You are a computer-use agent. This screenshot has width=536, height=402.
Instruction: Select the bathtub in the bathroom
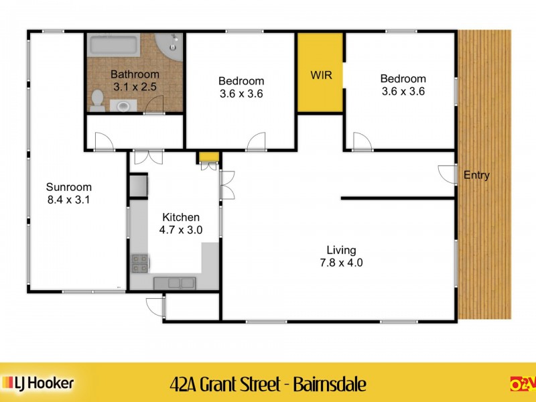click(114, 46)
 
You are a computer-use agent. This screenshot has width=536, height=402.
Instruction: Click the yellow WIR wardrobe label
click(321, 74)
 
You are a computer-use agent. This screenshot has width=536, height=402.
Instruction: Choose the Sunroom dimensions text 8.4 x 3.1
click(68, 199)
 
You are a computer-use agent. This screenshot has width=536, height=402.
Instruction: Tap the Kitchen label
click(180, 217)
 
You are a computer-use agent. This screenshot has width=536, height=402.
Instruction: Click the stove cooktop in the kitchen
click(140, 263)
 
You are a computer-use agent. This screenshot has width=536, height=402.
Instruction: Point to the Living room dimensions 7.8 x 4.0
click(341, 263)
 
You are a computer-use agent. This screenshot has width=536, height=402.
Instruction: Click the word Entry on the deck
click(476, 176)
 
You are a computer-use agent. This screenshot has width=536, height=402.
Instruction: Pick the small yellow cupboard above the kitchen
click(208, 157)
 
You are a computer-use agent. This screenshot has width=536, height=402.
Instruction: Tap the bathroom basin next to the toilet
click(122, 105)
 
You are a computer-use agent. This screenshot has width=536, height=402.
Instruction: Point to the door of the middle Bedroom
click(256, 141)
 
